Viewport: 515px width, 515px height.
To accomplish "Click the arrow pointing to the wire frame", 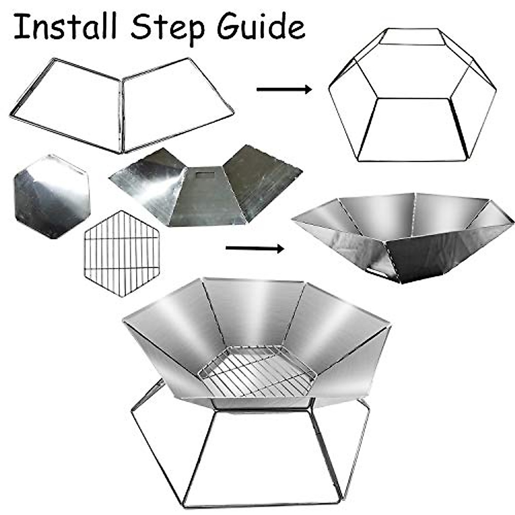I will pyautogui.click(x=284, y=89).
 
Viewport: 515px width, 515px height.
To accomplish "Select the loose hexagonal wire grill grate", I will pyautogui.click(x=121, y=253).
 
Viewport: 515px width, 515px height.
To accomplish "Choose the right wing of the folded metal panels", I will pyautogui.click(x=262, y=180).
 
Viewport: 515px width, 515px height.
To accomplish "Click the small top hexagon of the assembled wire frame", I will pyautogui.click(x=412, y=37).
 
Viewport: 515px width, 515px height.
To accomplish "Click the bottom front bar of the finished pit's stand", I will pyautogui.click(x=262, y=503).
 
